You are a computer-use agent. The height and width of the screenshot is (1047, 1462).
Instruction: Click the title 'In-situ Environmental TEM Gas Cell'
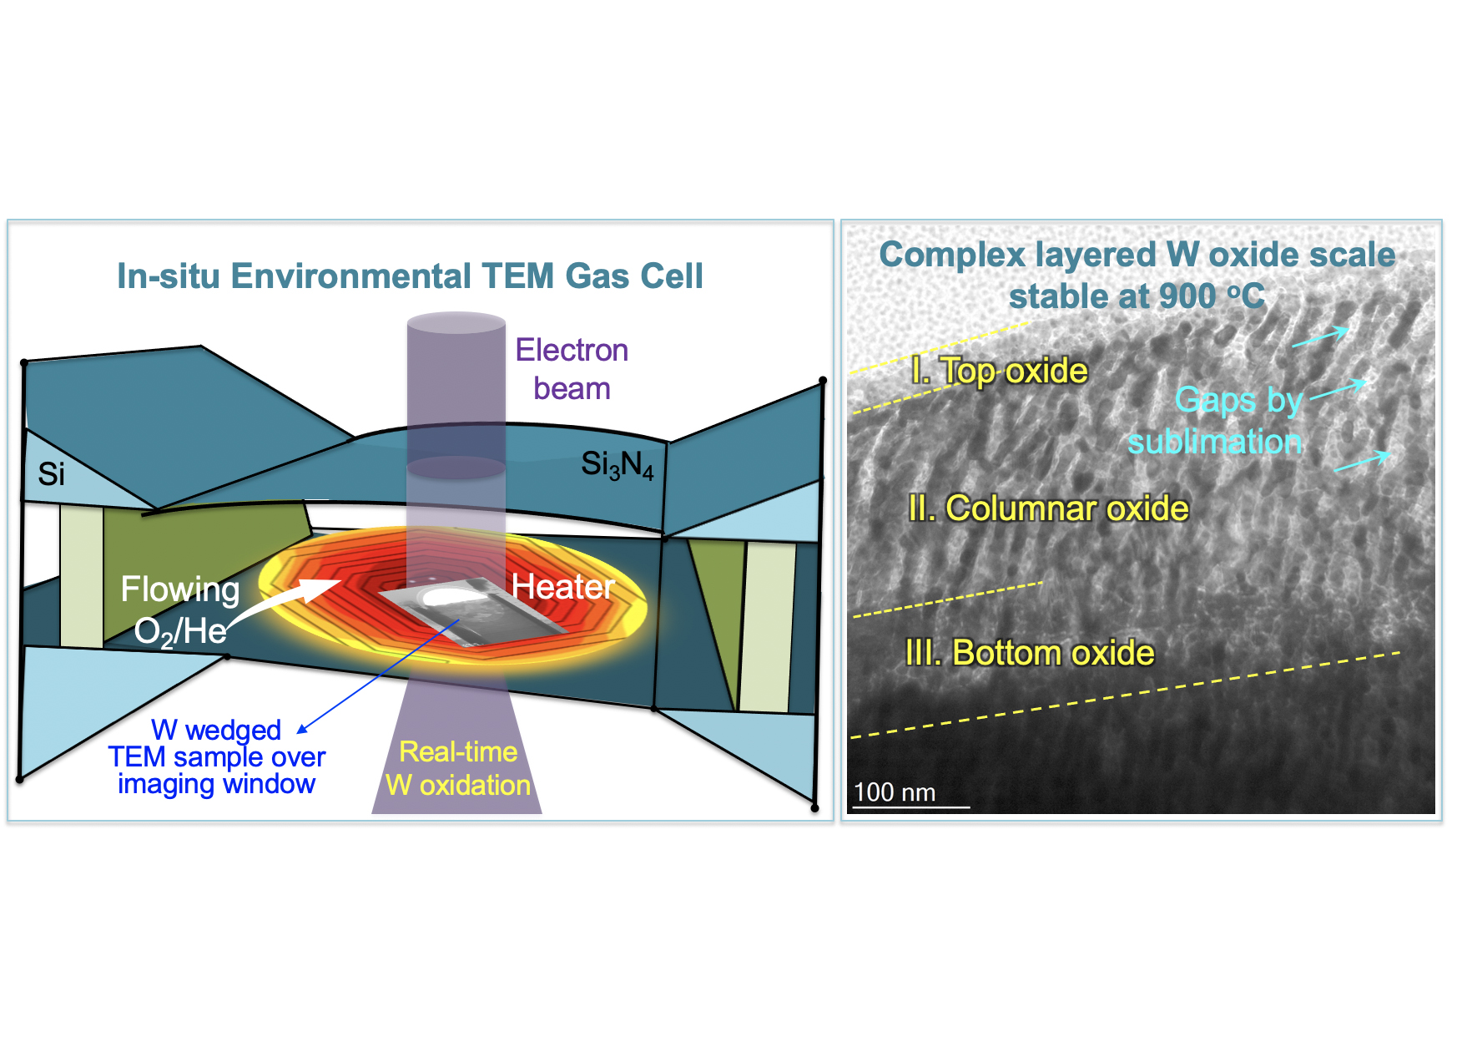click(410, 276)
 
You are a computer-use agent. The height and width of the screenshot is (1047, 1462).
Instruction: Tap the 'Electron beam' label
click(572, 369)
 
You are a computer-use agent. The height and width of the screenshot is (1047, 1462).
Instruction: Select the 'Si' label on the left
click(51, 474)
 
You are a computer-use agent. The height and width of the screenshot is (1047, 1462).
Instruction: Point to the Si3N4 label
click(617, 464)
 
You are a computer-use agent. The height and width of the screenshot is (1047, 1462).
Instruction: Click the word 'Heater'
click(563, 587)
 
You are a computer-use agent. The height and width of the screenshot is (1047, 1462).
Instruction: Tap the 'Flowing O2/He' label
click(180, 610)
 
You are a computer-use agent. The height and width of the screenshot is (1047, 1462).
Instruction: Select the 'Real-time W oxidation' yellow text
click(458, 769)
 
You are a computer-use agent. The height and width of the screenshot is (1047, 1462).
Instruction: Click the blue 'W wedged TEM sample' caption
click(216, 756)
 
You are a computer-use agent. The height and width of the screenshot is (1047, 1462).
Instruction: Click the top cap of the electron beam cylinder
click(456, 323)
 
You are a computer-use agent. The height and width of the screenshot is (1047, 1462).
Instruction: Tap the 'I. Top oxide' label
click(1000, 371)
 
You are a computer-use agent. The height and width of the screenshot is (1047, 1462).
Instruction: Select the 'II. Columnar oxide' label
click(1048, 508)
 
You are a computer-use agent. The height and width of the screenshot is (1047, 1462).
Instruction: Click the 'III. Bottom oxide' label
click(1030, 653)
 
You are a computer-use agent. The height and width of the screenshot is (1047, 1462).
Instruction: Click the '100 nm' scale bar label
click(895, 792)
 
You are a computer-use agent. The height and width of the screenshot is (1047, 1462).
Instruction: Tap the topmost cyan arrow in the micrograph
click(1320, 336)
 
